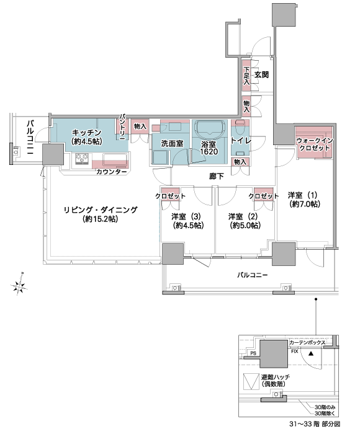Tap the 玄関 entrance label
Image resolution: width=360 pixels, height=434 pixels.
pyautogui.click(x=261, y=74)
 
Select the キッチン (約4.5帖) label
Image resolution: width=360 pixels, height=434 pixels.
pyautogui.click(x=86, y=137)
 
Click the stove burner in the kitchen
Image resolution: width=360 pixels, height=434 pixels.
pyautogui.click(x=82, y=159)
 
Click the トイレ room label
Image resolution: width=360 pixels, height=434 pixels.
pyautogui.click(x=241, y=141)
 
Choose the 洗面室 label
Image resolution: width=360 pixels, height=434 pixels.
pyautogui.click(x=172, y=144)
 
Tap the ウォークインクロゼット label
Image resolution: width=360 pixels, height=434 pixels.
pyautogui.click(x=315, y=144)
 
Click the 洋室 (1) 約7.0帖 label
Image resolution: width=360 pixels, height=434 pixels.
pyautogui.click(x=304, y=200)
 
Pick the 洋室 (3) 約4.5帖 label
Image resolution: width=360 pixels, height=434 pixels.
pyautogui.click(x=188, y=221)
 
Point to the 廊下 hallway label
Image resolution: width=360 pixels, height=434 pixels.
pyautogui.click(x=216, y=176)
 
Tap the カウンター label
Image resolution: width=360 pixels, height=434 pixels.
pyautogui.click(x=111, y=172)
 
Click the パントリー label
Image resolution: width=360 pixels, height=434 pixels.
pyautogui.click(x=122, y=125)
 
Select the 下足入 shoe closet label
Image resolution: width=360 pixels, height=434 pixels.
pyautogui.click(x=246, y=76)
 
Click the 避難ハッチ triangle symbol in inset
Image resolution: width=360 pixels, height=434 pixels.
pyautogui.click(x=251, y=382)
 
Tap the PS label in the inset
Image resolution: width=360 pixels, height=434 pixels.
pyautogui.click(x=253, y=353)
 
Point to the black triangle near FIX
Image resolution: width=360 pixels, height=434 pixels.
pyautogui.click(x=311, y=353)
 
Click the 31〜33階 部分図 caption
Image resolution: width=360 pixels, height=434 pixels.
pyautogui.click(x=315, y=423)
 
